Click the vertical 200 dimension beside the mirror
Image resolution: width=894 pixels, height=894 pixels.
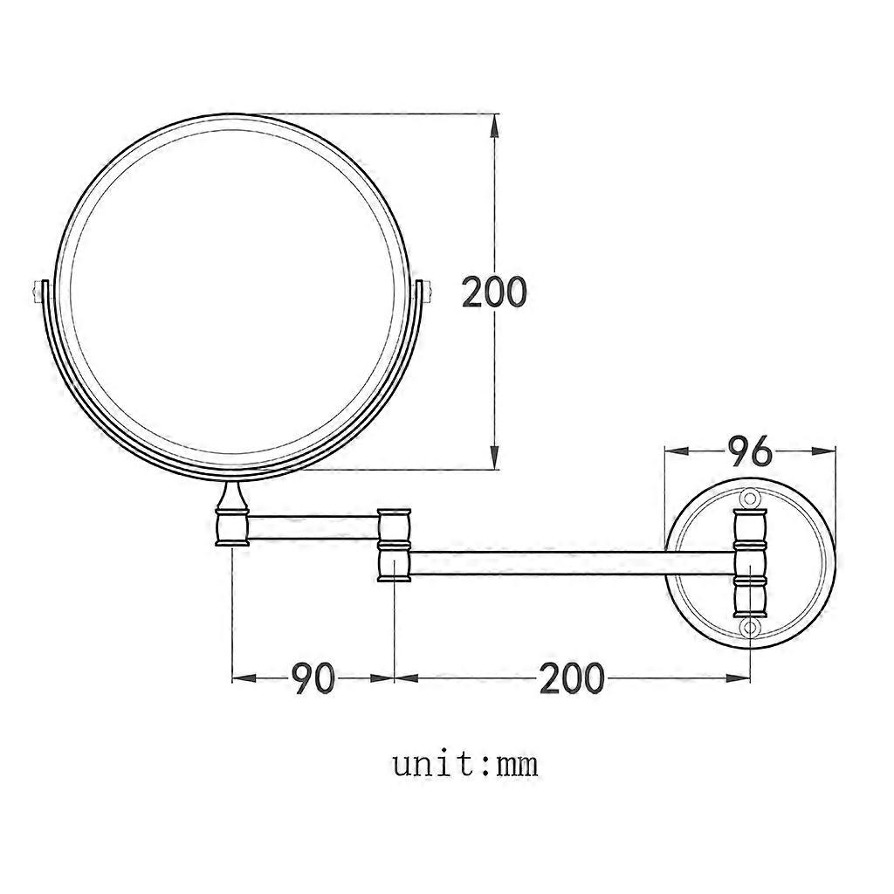tap(494, 292)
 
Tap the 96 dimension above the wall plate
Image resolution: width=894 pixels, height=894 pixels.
tap(750, 450)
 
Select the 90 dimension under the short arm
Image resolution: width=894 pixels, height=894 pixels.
tap(313, 677)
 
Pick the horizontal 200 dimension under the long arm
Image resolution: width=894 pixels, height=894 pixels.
tap(571, 677)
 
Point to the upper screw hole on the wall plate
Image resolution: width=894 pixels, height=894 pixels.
tap(750, 499)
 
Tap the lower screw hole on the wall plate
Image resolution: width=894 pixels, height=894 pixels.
tap(750, 628)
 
